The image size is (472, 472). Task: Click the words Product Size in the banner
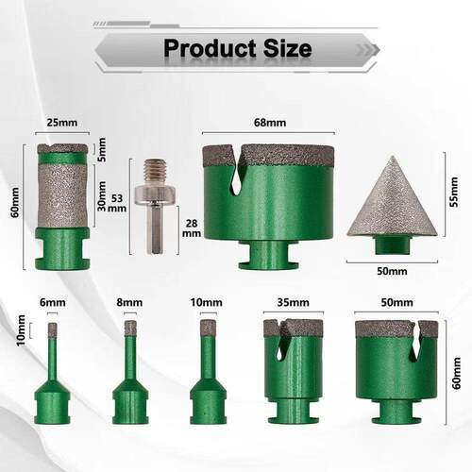point(238,48)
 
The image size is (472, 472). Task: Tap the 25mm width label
point(62,122)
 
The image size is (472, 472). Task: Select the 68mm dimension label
point(270,122)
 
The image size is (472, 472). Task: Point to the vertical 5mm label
point(102,149)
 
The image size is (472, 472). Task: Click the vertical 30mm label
point(102,196)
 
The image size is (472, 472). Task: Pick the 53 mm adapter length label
point(117,203)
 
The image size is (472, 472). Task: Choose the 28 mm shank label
point(192,228)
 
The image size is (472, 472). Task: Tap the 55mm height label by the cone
point(454,192)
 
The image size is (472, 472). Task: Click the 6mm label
point(53,302)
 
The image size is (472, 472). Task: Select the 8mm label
point(129,302)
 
